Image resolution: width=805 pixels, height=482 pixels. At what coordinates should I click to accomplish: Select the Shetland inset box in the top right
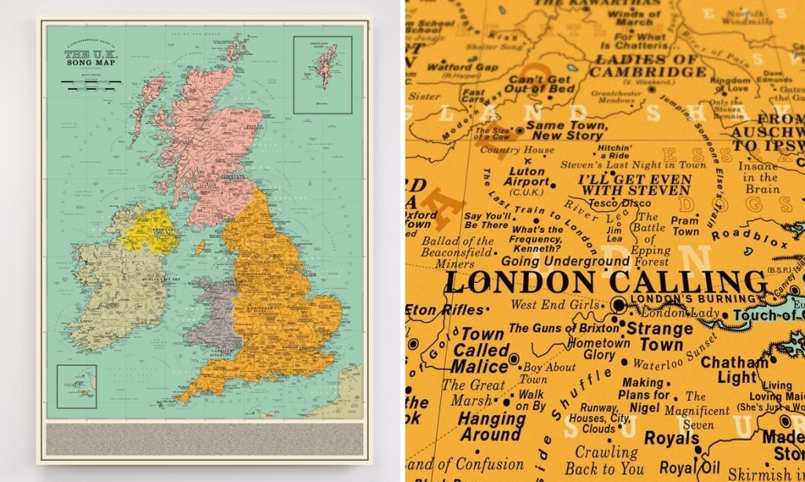[x=322, y=75]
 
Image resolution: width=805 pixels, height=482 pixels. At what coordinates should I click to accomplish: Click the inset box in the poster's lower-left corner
[x=77, y=386]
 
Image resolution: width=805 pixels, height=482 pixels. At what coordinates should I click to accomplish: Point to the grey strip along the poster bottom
[x=204, y=439]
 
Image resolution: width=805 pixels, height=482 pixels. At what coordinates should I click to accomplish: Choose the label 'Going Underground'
[x=564, y=261]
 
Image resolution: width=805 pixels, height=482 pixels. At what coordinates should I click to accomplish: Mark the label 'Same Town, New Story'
[x=565, y=130]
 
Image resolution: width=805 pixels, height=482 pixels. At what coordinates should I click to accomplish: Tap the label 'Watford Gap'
[x=462, y=67]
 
